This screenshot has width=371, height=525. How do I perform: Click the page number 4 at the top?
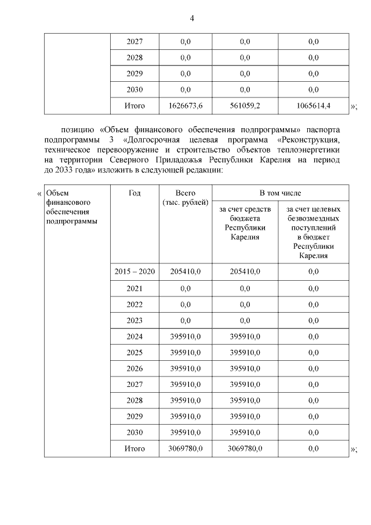[x=192, y=18]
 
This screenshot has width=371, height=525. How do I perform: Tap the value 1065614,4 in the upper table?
[x=314, y=106]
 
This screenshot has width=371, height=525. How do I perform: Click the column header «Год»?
[x=134, y=193]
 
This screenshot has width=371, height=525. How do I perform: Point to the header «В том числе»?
[x=279, y=193]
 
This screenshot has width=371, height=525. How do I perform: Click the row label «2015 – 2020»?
[x=134, y=271]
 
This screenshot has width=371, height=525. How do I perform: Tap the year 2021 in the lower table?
[x=134, y=288]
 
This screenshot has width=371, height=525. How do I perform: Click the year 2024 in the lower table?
[x=134, y=336]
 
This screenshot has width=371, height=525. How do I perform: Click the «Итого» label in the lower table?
[x=134, y=448]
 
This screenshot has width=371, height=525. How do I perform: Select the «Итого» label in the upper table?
[x=134, y=106]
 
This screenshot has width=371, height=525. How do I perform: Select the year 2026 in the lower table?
[x=134, y=368]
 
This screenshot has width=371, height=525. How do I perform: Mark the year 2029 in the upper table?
[x=134, y=74]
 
